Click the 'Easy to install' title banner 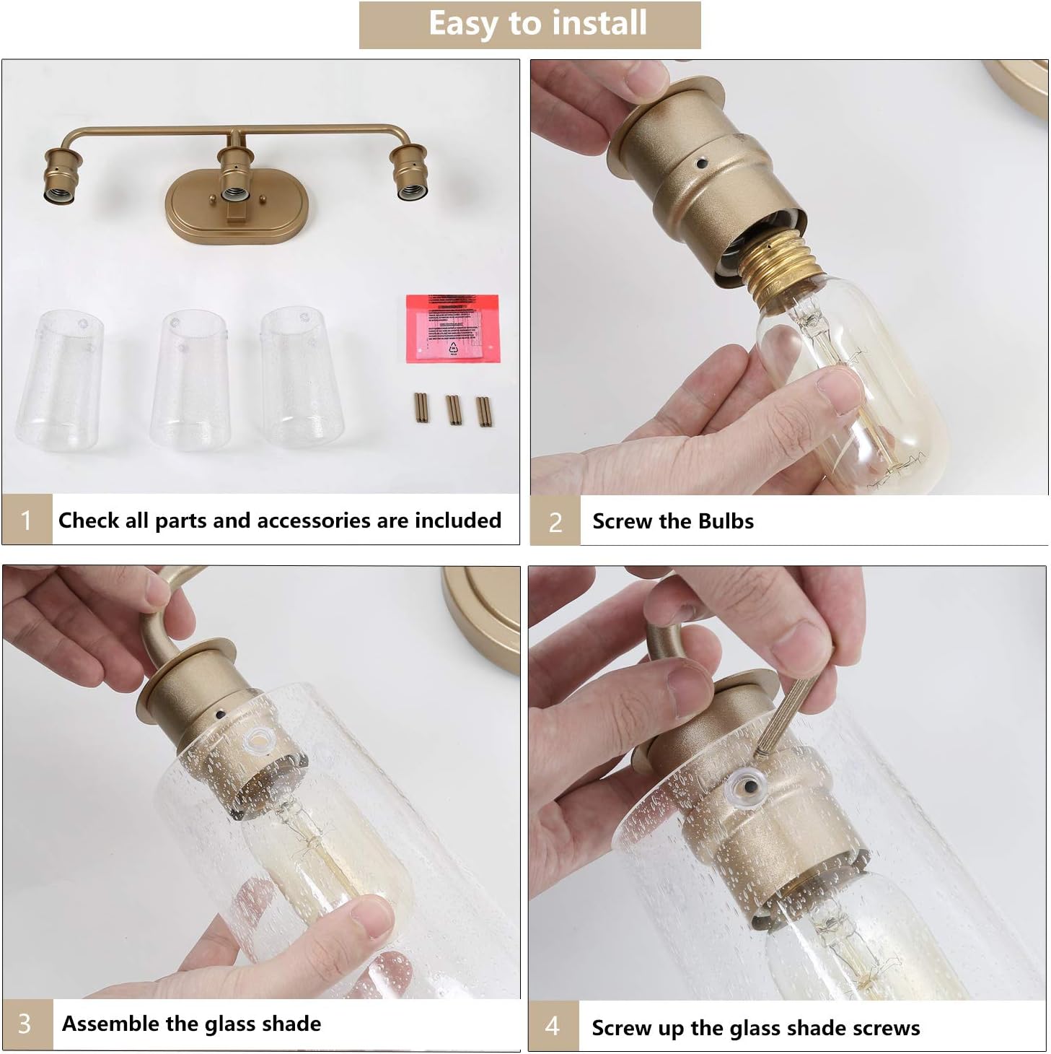(x=529, y=25)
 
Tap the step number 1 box (x=27, y=520)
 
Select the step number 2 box (x=555, y=521)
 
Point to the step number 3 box (x=26, y=1024)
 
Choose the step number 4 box (x=553, y=1026)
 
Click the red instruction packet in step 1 (x=452, y=328)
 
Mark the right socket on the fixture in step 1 (x=409, y=173)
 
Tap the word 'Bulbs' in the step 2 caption (x=724, y=521)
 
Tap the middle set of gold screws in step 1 (x=453, y=409)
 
